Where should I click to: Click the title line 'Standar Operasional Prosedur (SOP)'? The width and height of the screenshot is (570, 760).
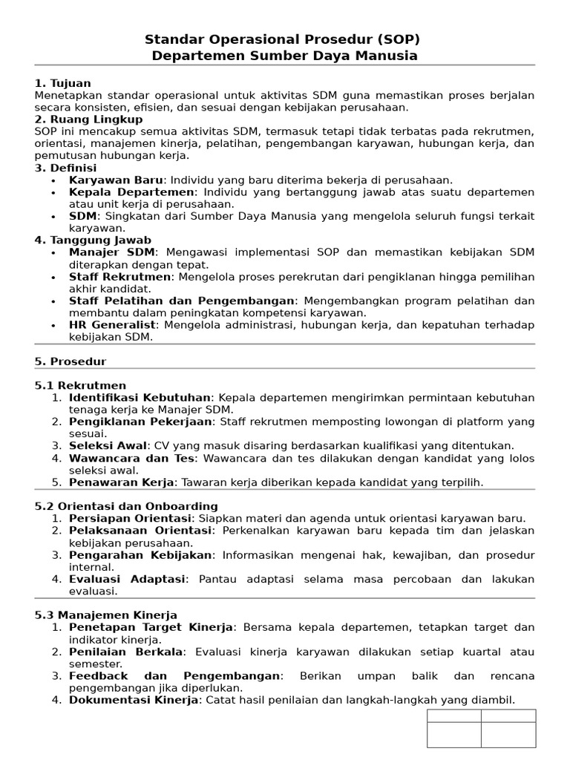point(285,39)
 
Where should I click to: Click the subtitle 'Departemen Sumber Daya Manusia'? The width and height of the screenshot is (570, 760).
point(285,56)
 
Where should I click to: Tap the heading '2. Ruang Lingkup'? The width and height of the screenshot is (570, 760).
point(88,119)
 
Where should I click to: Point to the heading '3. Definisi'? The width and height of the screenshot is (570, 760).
point(65,168)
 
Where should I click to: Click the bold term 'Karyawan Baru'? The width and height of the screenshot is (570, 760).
point(115,180)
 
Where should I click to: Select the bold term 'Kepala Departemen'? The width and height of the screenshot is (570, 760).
point(131,192)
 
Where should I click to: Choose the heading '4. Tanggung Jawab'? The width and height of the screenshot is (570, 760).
point(93,240)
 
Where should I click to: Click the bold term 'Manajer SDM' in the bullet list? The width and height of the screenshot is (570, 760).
point(111,252)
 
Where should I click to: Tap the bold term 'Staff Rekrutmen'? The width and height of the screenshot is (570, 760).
point(120,277)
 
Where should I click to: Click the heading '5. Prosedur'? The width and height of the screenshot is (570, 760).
point(71,361)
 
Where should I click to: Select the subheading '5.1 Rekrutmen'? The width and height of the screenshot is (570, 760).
point(80,385)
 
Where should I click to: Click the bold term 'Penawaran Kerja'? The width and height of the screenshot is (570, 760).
point(122,482)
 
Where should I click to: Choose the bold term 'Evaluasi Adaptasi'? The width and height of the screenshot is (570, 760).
point(128,578)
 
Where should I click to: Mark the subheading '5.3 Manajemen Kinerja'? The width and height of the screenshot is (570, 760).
point(105,615)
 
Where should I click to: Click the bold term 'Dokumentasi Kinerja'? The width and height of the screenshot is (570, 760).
point(134,699)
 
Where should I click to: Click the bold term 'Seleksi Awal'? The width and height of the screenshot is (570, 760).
point(107,445)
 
